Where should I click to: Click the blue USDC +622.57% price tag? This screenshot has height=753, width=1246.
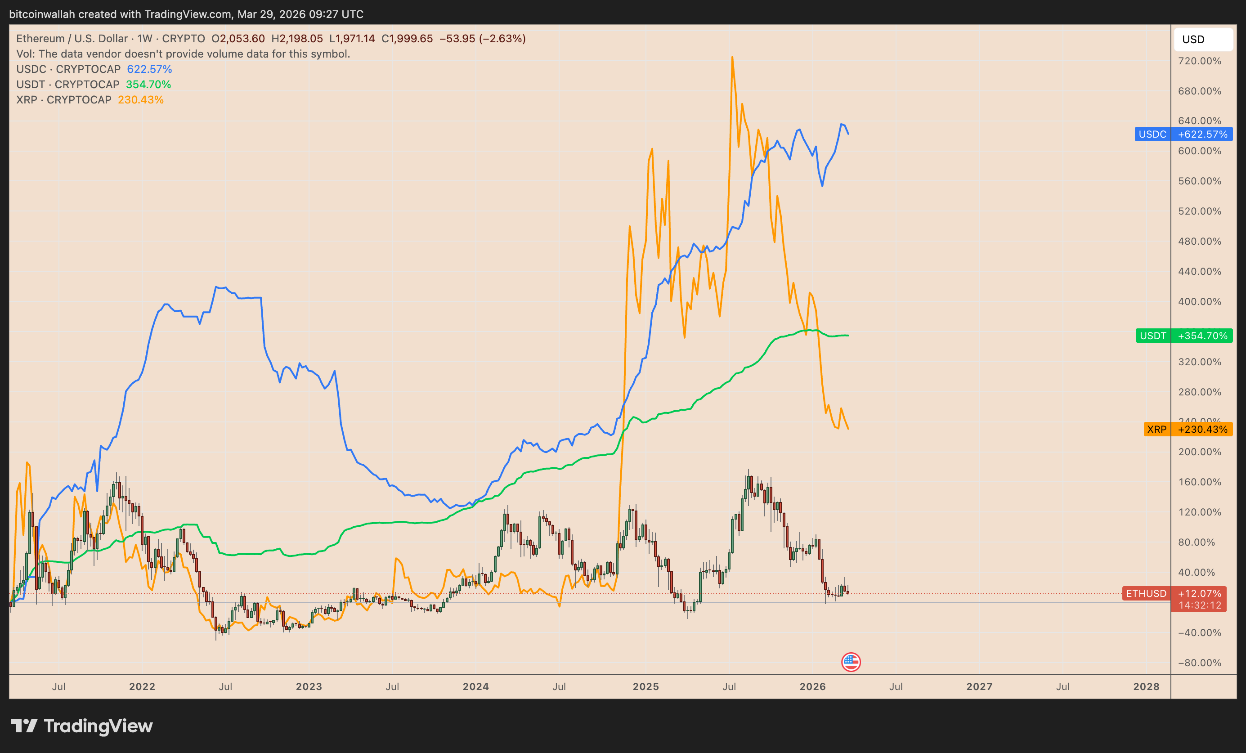coord(1183,134)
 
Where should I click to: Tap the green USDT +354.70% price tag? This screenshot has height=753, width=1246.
coord(1183,336)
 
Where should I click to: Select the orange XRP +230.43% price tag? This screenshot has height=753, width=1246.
coord(1188,429)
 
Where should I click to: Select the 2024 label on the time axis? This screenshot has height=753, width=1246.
coord(475,686)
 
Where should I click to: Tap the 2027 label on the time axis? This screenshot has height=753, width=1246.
coord(979,686)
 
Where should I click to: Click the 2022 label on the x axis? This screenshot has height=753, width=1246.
coord(142,686)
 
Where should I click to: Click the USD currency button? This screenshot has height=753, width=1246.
coord(1202,40)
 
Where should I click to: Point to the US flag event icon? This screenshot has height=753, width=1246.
coord(851,662)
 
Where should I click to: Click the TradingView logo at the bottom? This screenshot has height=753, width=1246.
coord(82,726)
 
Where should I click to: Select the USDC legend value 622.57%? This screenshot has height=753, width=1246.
coord(149,69)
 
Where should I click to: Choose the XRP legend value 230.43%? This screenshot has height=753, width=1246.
coord(141,99)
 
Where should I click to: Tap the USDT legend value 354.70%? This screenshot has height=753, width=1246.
coord(148,85)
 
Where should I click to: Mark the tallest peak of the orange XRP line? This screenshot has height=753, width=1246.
coord(732,57)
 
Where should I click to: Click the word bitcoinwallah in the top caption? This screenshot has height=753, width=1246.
coord(41,14)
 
